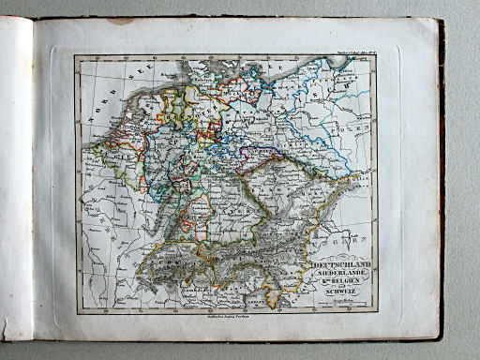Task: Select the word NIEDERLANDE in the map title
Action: pyautogui.click(x=339, y=277)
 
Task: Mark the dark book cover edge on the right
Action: pyautogui.click(x=441, y=178)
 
